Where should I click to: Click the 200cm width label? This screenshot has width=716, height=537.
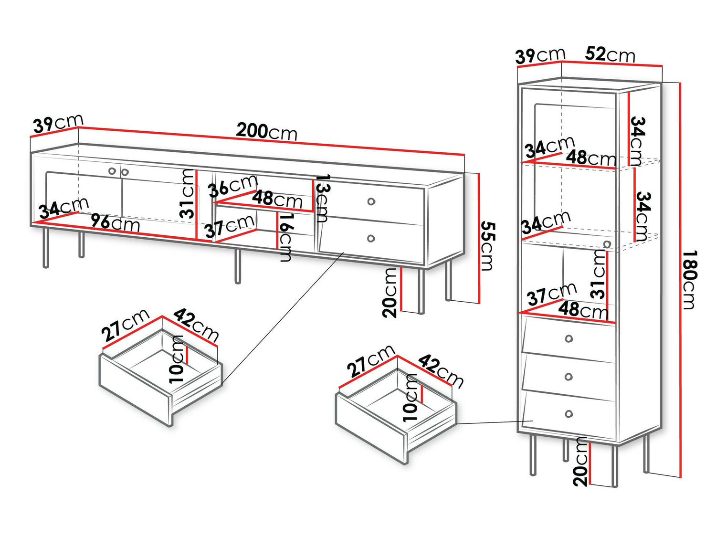coord(266,131)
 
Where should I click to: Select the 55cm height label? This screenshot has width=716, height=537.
coord(487,245)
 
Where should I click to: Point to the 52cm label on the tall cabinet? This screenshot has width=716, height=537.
coord(610,54)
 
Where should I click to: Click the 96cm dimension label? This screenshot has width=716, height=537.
coord(116,223)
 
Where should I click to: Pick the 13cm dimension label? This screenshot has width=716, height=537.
coord(323,198)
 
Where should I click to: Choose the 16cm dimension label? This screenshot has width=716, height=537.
coord(285,237)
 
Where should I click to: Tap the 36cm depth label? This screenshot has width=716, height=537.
coord(233,186)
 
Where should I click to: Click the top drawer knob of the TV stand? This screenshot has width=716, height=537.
coord(371,201)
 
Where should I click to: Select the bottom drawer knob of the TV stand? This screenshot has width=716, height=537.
coord(371,238)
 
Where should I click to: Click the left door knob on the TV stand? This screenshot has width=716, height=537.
coord(112,171)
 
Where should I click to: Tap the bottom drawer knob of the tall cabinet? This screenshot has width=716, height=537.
coord(569,413)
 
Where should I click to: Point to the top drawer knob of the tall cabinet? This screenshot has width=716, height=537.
coord(569,338)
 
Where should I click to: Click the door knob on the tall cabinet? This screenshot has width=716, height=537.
coord(607,244)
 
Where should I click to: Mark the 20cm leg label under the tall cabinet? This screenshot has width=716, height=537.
coord(581,462)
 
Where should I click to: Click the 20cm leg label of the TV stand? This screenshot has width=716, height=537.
coord(390,293)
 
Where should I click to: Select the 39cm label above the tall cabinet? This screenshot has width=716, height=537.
coord(540,56)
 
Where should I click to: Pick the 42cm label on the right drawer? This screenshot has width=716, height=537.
coord(441,370)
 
